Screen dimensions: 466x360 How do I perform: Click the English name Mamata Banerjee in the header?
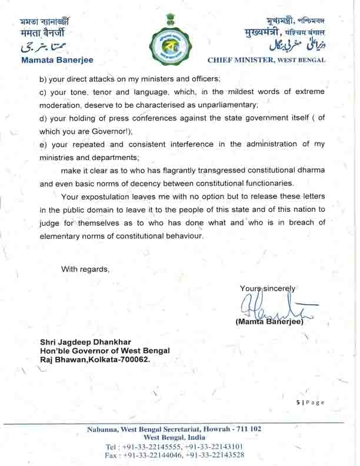point(56,60)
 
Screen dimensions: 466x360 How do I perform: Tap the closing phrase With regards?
point(86,269)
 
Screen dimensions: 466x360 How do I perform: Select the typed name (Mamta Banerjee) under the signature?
point(269,322)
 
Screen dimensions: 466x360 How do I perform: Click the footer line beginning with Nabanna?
point(174,429)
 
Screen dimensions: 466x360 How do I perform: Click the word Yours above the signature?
point(249,288)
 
